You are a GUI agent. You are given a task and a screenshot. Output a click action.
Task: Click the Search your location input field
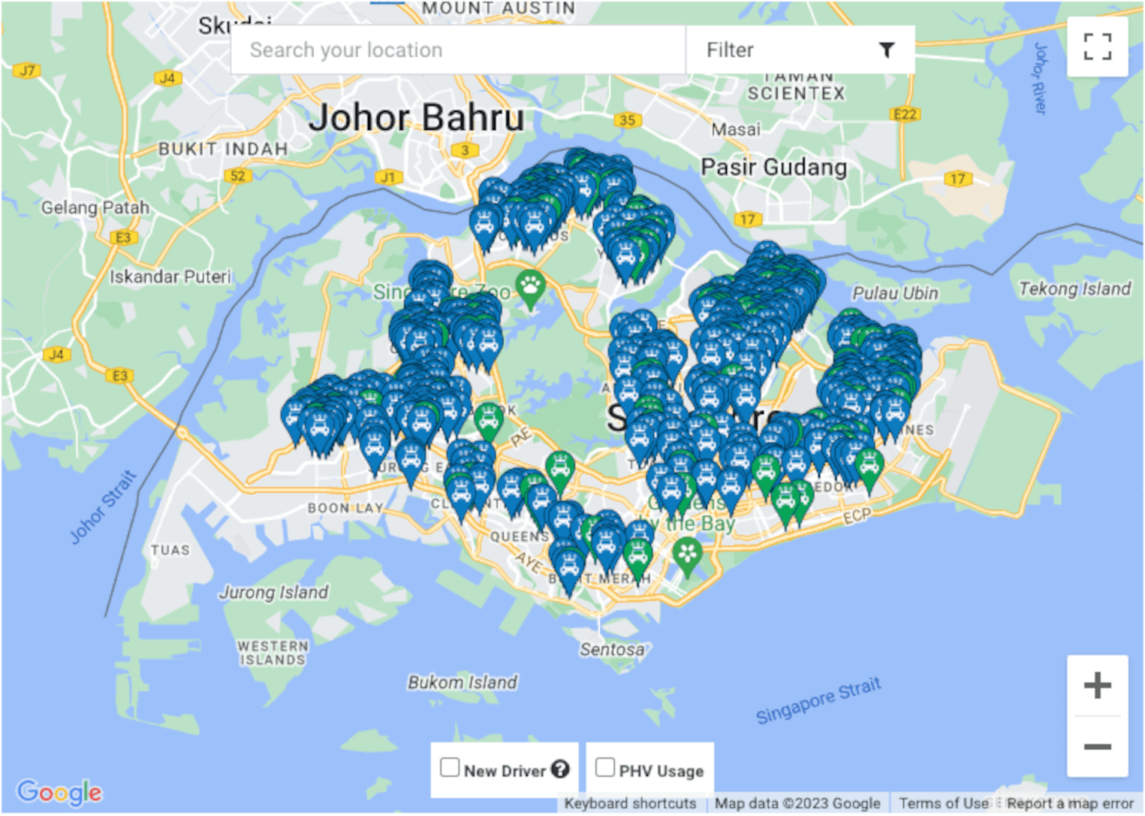pos(458,50)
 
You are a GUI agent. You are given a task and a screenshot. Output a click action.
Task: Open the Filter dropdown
pos(800,50)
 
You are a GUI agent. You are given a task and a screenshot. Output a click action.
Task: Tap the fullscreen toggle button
pos(1097,47)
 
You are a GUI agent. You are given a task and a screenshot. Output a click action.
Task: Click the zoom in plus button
pos(1097,685)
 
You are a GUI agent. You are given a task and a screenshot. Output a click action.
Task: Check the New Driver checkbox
pos(450,767)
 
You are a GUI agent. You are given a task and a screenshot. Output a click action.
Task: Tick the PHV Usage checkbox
pos(605,767)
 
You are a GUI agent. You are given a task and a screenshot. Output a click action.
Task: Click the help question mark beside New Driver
pos(560,769)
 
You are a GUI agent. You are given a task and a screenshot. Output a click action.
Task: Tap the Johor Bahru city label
pos(417,118)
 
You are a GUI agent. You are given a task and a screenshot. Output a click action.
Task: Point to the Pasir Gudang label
pos(773,167)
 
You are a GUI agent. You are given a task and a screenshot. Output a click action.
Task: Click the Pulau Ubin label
pos(894,293)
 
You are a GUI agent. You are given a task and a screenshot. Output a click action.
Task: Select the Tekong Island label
pos(1074,289)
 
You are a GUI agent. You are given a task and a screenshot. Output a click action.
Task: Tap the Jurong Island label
pos(273,592)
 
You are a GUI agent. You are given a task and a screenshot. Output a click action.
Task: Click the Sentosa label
pos(611,649)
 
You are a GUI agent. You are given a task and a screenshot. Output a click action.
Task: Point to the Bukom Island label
pos(462,682)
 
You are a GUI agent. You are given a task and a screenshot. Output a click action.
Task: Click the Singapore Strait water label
pos(818,700)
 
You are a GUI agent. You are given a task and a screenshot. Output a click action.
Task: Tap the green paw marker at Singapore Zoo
pos(530,288)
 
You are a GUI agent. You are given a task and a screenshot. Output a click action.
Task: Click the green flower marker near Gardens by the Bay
pos(687,555)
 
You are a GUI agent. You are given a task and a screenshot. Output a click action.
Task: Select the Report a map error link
pos(1069,803)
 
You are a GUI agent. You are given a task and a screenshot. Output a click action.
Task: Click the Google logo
pos(59,792)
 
